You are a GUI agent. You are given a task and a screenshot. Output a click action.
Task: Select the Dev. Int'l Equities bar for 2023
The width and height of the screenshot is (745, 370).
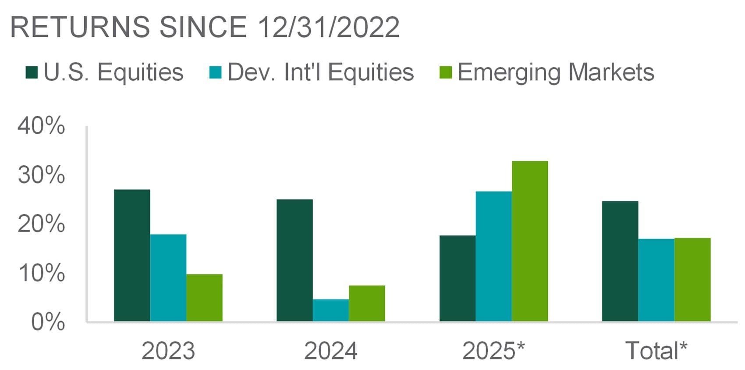point(168,278)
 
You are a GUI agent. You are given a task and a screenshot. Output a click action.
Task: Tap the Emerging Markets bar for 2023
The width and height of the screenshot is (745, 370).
point(204,298)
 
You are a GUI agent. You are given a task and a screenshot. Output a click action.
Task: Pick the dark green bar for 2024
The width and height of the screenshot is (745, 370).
point(294,260)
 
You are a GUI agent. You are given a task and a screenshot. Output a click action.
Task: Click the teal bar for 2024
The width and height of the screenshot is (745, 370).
point(331,310)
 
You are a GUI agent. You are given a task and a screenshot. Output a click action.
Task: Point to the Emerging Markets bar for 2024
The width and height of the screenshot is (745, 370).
point(367,303)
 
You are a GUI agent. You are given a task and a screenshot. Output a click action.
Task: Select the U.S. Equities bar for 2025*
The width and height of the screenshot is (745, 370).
point(458,278)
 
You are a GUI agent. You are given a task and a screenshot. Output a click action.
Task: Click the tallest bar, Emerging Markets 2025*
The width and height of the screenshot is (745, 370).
point(530,241)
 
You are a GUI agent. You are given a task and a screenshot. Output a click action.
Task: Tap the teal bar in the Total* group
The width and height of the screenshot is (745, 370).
point(656,280)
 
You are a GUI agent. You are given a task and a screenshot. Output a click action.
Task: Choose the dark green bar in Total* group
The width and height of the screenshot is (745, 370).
point(620,261)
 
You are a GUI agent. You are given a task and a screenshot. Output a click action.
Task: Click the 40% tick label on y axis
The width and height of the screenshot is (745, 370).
point(41,126)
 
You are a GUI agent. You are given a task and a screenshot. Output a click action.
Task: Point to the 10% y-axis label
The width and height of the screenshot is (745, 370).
point(41,273)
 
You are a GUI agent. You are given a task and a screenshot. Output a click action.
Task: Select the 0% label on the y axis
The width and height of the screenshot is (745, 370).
point(48,322)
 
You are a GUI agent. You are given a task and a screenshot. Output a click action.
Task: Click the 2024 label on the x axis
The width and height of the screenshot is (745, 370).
point(331,351)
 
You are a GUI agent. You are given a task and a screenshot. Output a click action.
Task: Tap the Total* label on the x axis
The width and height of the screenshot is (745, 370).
point(656,351)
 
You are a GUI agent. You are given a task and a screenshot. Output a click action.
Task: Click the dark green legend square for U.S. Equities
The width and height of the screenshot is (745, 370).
point(32,72)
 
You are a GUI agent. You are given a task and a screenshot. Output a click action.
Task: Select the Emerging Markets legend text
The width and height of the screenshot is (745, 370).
point(556,72)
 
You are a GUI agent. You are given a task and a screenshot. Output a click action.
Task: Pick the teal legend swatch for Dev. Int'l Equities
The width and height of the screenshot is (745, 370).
point(216,72)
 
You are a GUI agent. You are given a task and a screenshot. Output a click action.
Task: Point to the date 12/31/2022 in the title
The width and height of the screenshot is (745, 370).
point(329,27)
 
